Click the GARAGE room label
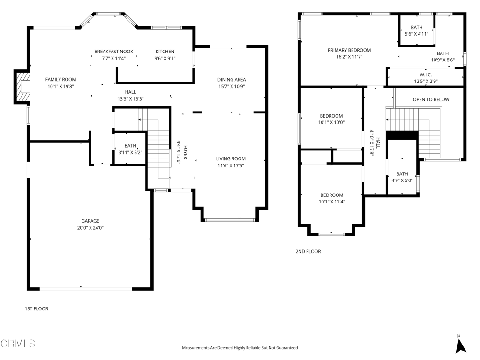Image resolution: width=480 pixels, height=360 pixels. [90, 221]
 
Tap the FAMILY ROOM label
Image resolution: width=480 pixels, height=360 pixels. [60, 80]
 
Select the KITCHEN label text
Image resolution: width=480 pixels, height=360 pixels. [165, 52]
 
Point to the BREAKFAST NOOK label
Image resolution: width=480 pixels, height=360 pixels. [114, 52]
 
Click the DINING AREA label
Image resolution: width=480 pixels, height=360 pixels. [232, 80]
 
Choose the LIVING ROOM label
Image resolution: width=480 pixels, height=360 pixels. [231, 158]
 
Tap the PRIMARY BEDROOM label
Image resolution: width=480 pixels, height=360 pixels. [349, 50]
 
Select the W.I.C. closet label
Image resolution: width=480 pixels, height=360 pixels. [426, 75]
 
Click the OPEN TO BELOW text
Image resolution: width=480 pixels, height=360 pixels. [431, 99]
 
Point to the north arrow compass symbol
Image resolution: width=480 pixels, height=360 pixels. [460, 344]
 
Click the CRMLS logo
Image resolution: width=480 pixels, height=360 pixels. [18, 344]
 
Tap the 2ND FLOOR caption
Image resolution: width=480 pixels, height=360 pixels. [308, 251]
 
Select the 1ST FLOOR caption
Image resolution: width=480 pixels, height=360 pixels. [37, 308]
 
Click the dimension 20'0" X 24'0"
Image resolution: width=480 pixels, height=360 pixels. [90, 228]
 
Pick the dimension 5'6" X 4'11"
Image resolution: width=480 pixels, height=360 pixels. [417, 34]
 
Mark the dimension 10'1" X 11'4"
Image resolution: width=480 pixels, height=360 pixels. [332, 202]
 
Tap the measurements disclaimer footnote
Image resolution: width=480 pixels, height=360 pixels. [240, 348]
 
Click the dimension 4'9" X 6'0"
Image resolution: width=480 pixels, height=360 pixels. [402, 180]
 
